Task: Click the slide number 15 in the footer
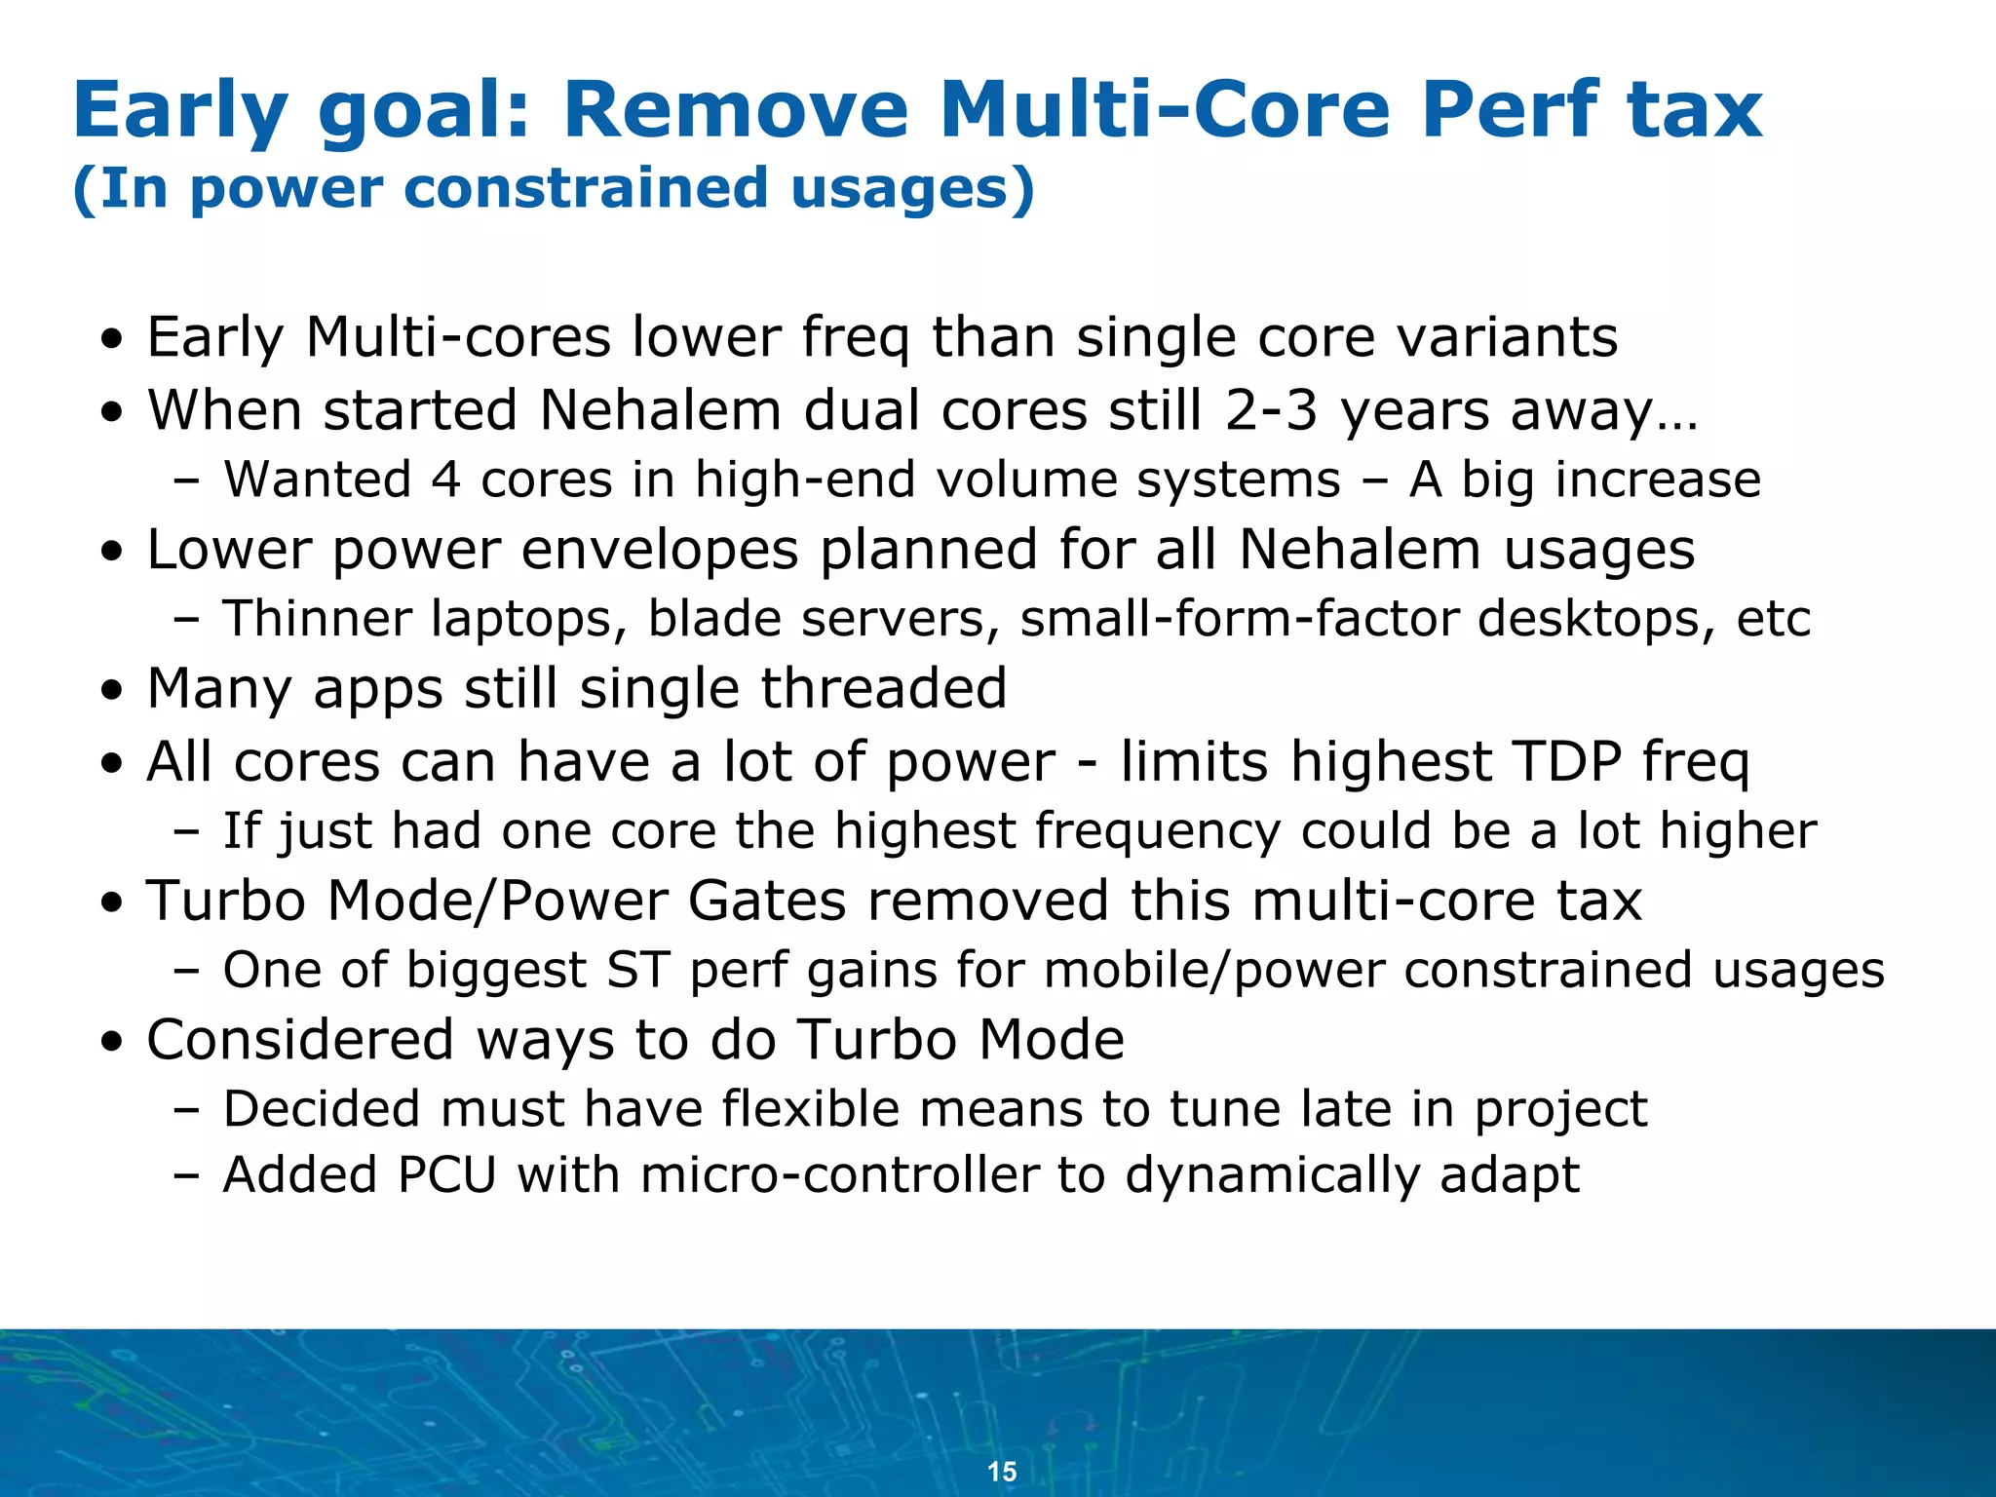point(1002,1472)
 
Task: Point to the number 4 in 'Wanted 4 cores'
point(445,480)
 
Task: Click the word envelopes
point(660,549)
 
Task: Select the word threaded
point(883,688)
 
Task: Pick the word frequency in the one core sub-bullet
point(1157,831)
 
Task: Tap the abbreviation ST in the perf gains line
point(637,970)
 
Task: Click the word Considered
point(300,1039)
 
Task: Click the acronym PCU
point(447,1174)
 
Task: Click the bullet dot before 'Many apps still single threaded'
point(115,692)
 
